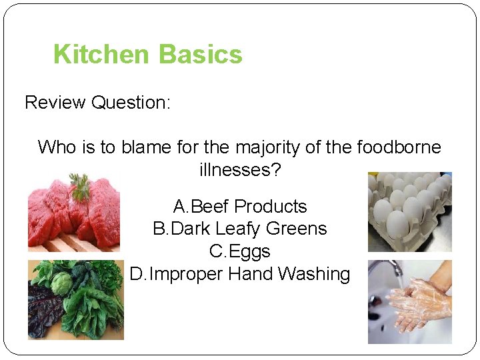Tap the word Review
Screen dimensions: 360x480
(55, 103)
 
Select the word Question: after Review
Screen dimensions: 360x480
(131, 103)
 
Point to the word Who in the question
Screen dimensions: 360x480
(57, 147)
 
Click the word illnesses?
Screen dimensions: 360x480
(240, 169)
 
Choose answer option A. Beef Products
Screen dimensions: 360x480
(240, 206)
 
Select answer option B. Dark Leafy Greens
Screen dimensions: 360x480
(240, 229)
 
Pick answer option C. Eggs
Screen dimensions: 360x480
(240, 251)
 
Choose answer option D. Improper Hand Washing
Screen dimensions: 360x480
(240, 274)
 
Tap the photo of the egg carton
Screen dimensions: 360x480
(410, 212)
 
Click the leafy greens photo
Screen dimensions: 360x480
(75, 300)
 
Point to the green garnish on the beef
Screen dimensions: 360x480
(81, 186)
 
